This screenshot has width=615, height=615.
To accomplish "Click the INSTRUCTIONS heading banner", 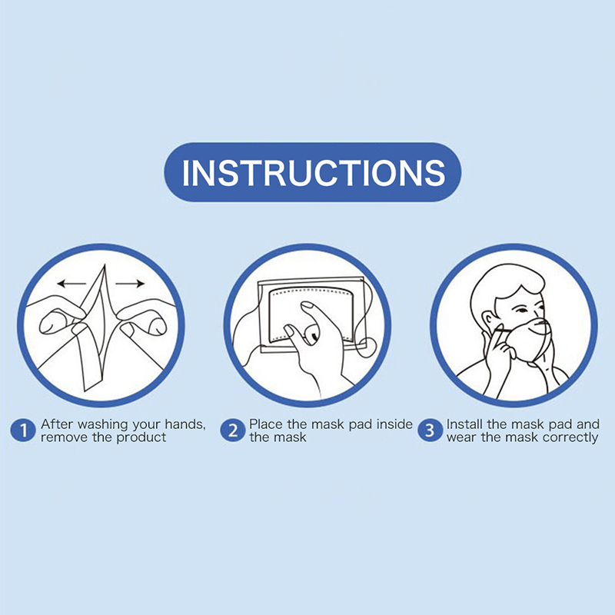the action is pyautogui.click(x=312, y=172).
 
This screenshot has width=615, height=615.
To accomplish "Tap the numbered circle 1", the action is pyautogui.click(x=23, y=430).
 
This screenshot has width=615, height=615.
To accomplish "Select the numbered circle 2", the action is pyautogui.click(x=233, y=430).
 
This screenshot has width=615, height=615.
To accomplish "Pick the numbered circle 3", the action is pyautogui.click(x=430, y=430).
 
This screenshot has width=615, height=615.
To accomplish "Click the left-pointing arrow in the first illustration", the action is pyautogui.click(x=71, y=283).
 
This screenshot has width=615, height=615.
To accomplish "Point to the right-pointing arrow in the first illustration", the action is pyautogui.click(x=130, y=283).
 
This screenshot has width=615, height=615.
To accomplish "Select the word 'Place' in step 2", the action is pyautogui.click(x=267, y=424).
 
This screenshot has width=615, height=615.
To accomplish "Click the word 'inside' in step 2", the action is pyautogui.click(x=394, y=424).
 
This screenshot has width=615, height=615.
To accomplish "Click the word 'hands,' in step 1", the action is pyautogui.click(x=185, y=425).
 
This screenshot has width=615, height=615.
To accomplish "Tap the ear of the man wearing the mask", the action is pyautogui.click(x=487, y=321).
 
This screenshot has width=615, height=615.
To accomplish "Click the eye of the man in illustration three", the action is pyautogui.click(x=521, y=311).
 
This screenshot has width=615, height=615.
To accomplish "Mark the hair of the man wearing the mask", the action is pyautogui.click(x=506, y=281).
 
